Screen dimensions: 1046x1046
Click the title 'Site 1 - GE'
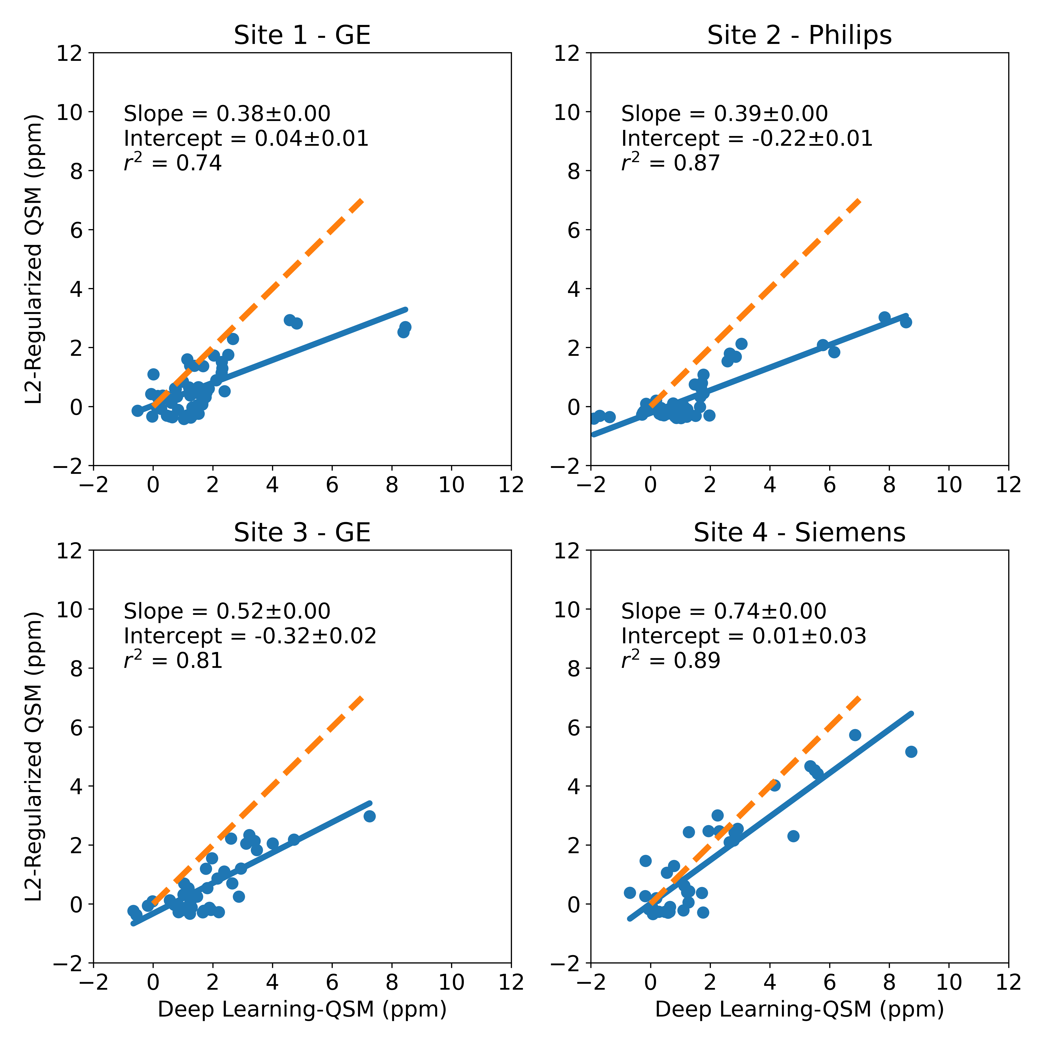click(302, 36)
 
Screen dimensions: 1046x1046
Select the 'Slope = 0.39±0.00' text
click(724, 114)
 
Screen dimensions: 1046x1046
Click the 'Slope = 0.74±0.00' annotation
click(724, 611)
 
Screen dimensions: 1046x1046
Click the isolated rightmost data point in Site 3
click(369, 816)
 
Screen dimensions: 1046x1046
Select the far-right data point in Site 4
click(911, 752)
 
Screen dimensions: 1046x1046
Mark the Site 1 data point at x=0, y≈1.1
click(153, 374)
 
